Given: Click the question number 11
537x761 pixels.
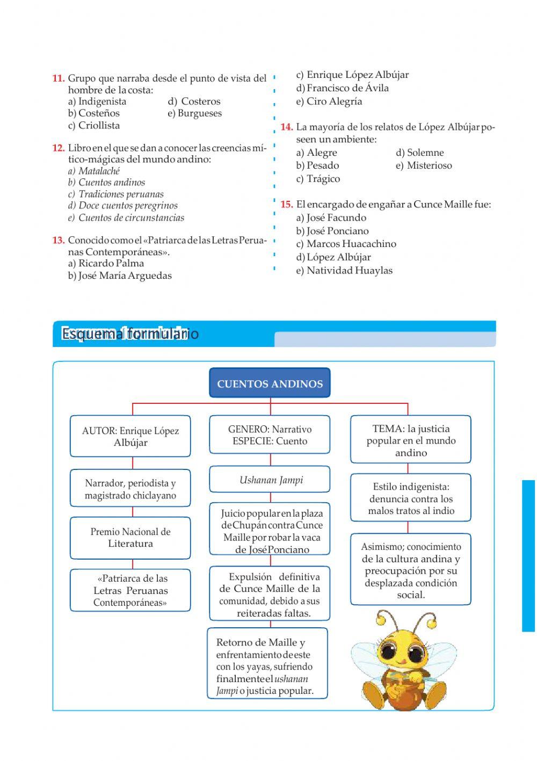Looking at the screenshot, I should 58,78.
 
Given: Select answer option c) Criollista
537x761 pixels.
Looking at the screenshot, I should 94,126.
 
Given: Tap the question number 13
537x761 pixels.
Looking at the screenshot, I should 58,240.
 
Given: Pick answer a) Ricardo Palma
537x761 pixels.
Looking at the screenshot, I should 106,264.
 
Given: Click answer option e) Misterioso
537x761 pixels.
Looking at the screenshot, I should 424,165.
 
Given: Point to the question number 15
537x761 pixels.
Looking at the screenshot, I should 286,205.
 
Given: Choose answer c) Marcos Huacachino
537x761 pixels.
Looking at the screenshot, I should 346,244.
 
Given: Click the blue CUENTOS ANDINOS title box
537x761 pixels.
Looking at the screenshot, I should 270,383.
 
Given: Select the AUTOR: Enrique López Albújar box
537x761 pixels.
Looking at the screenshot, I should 130,436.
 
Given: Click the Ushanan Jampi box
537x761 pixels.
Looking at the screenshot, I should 270,480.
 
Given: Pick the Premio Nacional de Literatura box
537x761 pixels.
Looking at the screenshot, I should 130,538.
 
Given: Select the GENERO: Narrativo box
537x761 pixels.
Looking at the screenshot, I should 270,435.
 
